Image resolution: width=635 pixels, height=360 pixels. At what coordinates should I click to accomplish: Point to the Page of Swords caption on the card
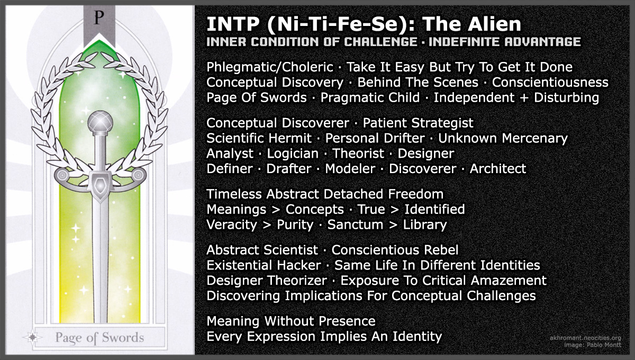[x=100, y=337]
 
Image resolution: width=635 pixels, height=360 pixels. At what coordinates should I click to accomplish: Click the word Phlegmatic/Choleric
[x=270, y=68]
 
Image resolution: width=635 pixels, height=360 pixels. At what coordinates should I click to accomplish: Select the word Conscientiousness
[x=550, y=83]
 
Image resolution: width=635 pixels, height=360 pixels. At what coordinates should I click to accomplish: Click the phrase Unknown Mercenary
[x=503, y=139]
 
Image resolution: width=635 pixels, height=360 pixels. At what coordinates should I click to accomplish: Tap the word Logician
[x=293, y=154]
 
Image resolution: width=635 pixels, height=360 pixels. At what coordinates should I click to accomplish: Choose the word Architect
[x=497, y=169]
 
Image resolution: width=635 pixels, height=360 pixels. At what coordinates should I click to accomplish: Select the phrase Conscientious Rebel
[x=395, y=250]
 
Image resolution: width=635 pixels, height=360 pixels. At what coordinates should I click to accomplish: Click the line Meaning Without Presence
[x=291, y=321]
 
